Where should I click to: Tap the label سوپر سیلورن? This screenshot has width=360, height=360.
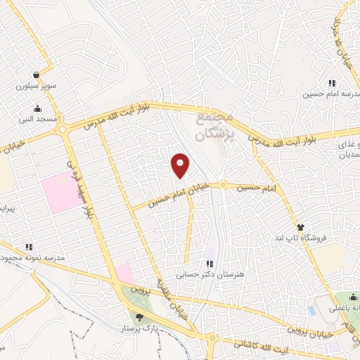coord(35,87)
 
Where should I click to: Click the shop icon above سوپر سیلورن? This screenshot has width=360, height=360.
coord(35,75)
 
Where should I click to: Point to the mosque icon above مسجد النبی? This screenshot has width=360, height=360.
coord(37,109)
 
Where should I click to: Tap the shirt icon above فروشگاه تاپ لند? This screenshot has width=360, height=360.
coord(301,227)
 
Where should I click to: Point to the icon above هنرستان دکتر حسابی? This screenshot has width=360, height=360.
coord(209,264)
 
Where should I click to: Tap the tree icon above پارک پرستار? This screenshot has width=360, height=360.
coord(139,316)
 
